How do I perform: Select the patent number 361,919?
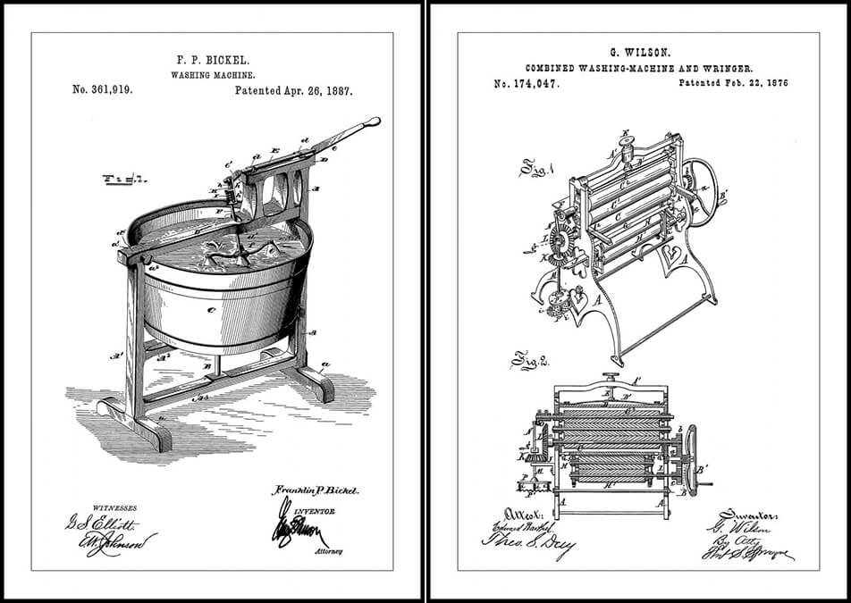point(102,90)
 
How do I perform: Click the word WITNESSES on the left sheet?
point(92,507)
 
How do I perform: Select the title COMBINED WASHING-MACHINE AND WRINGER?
point(638,68)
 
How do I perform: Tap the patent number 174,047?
point(526,83)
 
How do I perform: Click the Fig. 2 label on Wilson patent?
point(524,362)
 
